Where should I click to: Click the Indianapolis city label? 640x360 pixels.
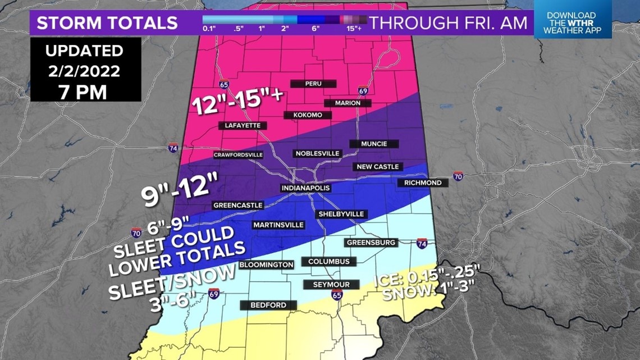click(x=305, y=188)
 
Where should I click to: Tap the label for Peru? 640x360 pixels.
click(x=313, y=84)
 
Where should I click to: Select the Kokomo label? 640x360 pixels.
click(x=307, y=115)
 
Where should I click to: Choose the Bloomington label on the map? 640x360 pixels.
click(x=266, y=265)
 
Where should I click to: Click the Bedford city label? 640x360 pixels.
click(x=268, y=305)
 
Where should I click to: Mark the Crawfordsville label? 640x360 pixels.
click(x=238, y=155)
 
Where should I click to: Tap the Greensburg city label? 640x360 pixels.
click(x=372, y=243)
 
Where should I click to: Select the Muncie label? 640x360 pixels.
click(x=374, y=144)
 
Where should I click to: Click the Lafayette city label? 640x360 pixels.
click(x=243, y=125)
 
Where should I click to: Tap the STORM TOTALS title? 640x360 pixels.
click(x=107, y=23)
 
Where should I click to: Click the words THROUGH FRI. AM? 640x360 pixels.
click(x=449, y=23)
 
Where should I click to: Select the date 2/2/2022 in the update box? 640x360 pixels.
click(x=84, y=71)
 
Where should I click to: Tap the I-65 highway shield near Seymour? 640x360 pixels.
click(x=336, y=295)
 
